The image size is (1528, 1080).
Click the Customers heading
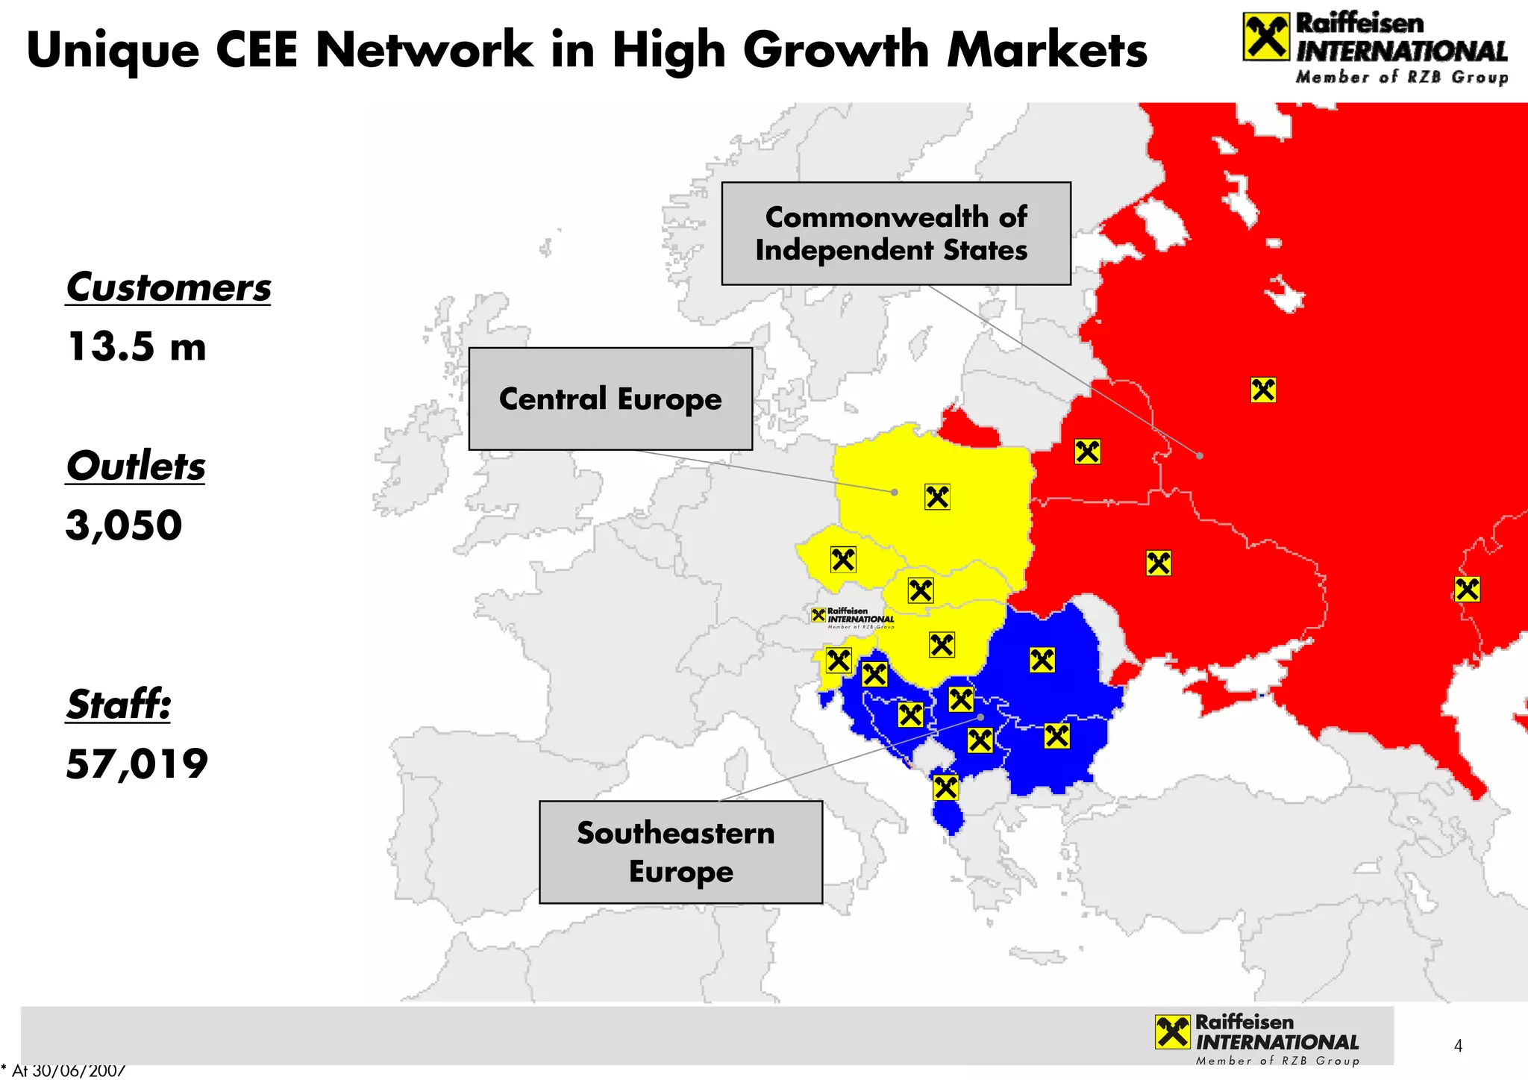[x=169, y=288]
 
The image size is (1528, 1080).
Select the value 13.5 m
[x=137, y=347]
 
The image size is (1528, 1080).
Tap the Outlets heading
[x=135, y=466]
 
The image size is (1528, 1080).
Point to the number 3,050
[x=124, y=525]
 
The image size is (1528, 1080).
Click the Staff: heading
[x=119, y=705]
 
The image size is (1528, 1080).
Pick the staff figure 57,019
[x=137, y=764]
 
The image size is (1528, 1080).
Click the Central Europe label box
[x=610, y=399]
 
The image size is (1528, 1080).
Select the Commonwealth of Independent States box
[x=895, y=234]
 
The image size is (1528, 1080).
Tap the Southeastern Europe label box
[x=680, y=852]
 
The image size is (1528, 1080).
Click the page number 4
[x=1458, y=1046]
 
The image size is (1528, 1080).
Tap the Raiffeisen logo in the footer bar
[x=1257, y=1038]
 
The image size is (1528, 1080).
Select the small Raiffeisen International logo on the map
[x=853, y=617]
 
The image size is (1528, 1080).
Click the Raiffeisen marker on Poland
[x=937, y=496]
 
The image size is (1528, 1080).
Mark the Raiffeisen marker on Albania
[x=945, y=787]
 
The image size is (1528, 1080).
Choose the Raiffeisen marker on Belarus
[x=1087, y=452]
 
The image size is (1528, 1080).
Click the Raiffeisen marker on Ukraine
[x=1158, y=563]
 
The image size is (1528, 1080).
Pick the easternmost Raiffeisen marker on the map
[x=1467, y=590]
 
